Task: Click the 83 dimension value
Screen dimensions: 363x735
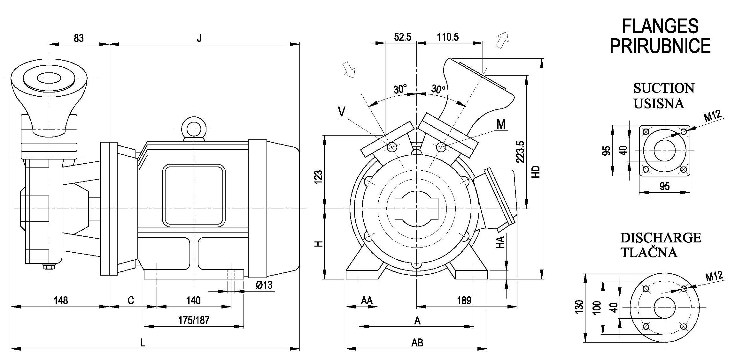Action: tap(79, 38)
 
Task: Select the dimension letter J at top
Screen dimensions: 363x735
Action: tap(199, 38)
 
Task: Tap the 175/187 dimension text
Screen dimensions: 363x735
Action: tap(194, 320)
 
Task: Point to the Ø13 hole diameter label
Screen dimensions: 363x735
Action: tap(264, 285)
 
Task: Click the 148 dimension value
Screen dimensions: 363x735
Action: tap(61, 300)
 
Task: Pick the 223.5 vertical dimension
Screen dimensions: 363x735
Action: tap(521, 152)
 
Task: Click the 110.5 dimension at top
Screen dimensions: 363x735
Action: tap(448, 37)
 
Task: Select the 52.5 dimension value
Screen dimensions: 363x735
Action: tap(402, 37)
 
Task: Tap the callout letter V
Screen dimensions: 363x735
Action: tap(342, 112)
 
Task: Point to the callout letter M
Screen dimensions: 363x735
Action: tap(501, 124)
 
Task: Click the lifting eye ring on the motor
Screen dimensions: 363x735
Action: tap(194, 129)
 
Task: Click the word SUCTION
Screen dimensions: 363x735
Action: tap(664, 88)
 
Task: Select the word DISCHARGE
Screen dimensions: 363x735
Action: tap(661, 238)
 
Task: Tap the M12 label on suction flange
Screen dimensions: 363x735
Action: tap(713, 116)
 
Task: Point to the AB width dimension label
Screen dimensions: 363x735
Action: tap(417, 343)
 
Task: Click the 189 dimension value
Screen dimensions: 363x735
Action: tap(464, 300)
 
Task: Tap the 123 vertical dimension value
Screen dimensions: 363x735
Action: tap(319, 177)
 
